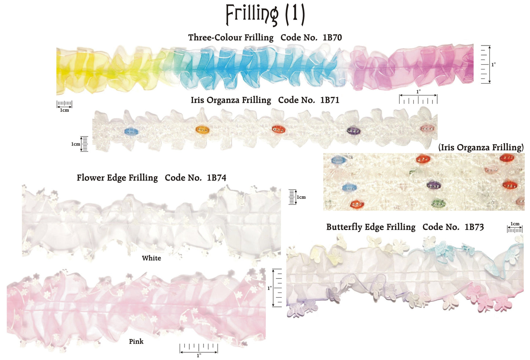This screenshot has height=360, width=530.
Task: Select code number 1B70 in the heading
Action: pyautogui.click(x=332, y=37)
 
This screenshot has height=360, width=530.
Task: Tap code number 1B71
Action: pyautogui.click(x=329, y=100)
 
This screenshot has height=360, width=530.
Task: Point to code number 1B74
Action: pyautogui.click(x=216, y=178)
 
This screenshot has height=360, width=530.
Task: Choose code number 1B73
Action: pyautogui.click(x=474, y=227)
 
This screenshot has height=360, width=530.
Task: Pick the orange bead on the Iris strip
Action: pyautogui.click(x=202, y=130)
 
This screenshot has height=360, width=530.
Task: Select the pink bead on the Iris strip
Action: pyautogui.click(x=427, y=128)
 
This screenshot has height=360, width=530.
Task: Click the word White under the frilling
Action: pyautogui.click(x=151, y=258)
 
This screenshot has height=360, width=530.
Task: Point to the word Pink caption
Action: pyautogui.click(x=136, y=342)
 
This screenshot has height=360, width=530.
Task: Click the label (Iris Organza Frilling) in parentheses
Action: pyautogui.click(x=481, y=148)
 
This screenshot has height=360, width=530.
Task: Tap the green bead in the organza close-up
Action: pyautogui.click(x=437, y=203)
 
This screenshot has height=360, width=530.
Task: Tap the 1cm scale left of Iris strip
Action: pyautogui.click(x=84, y=144)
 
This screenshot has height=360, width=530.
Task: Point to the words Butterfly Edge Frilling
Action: pyautogui.click(x=371, y=227)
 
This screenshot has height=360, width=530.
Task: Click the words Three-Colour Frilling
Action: pyautogui.click(x=231, y=37)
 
